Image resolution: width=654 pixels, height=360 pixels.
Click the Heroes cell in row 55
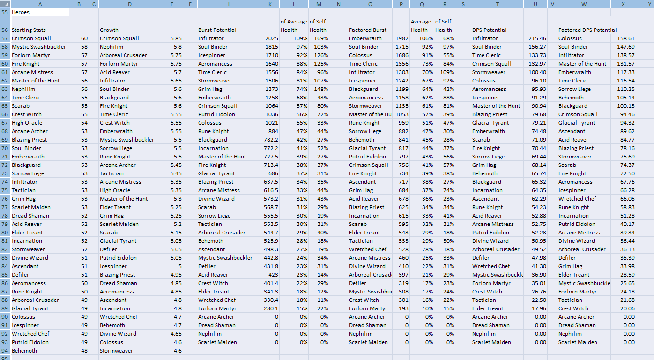click(x=21, y=12)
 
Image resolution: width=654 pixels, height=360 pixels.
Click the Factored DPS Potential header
click(x=587, y=30)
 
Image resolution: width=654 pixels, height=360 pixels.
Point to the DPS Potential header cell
click(x=489, y=30)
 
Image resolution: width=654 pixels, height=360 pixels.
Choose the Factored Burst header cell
click(x=368, y=30)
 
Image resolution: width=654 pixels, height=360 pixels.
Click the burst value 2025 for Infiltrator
click(x=271, y=38)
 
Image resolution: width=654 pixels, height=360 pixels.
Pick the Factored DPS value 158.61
click(x=626, y=38)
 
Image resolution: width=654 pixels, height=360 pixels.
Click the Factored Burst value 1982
click(x=401, y=38)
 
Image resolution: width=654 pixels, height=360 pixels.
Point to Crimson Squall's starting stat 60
click(x=84, y=38)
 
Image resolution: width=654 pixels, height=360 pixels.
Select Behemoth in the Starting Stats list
click(x=24, y=351)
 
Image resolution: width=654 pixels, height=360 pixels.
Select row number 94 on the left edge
click(x=5, y=351)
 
